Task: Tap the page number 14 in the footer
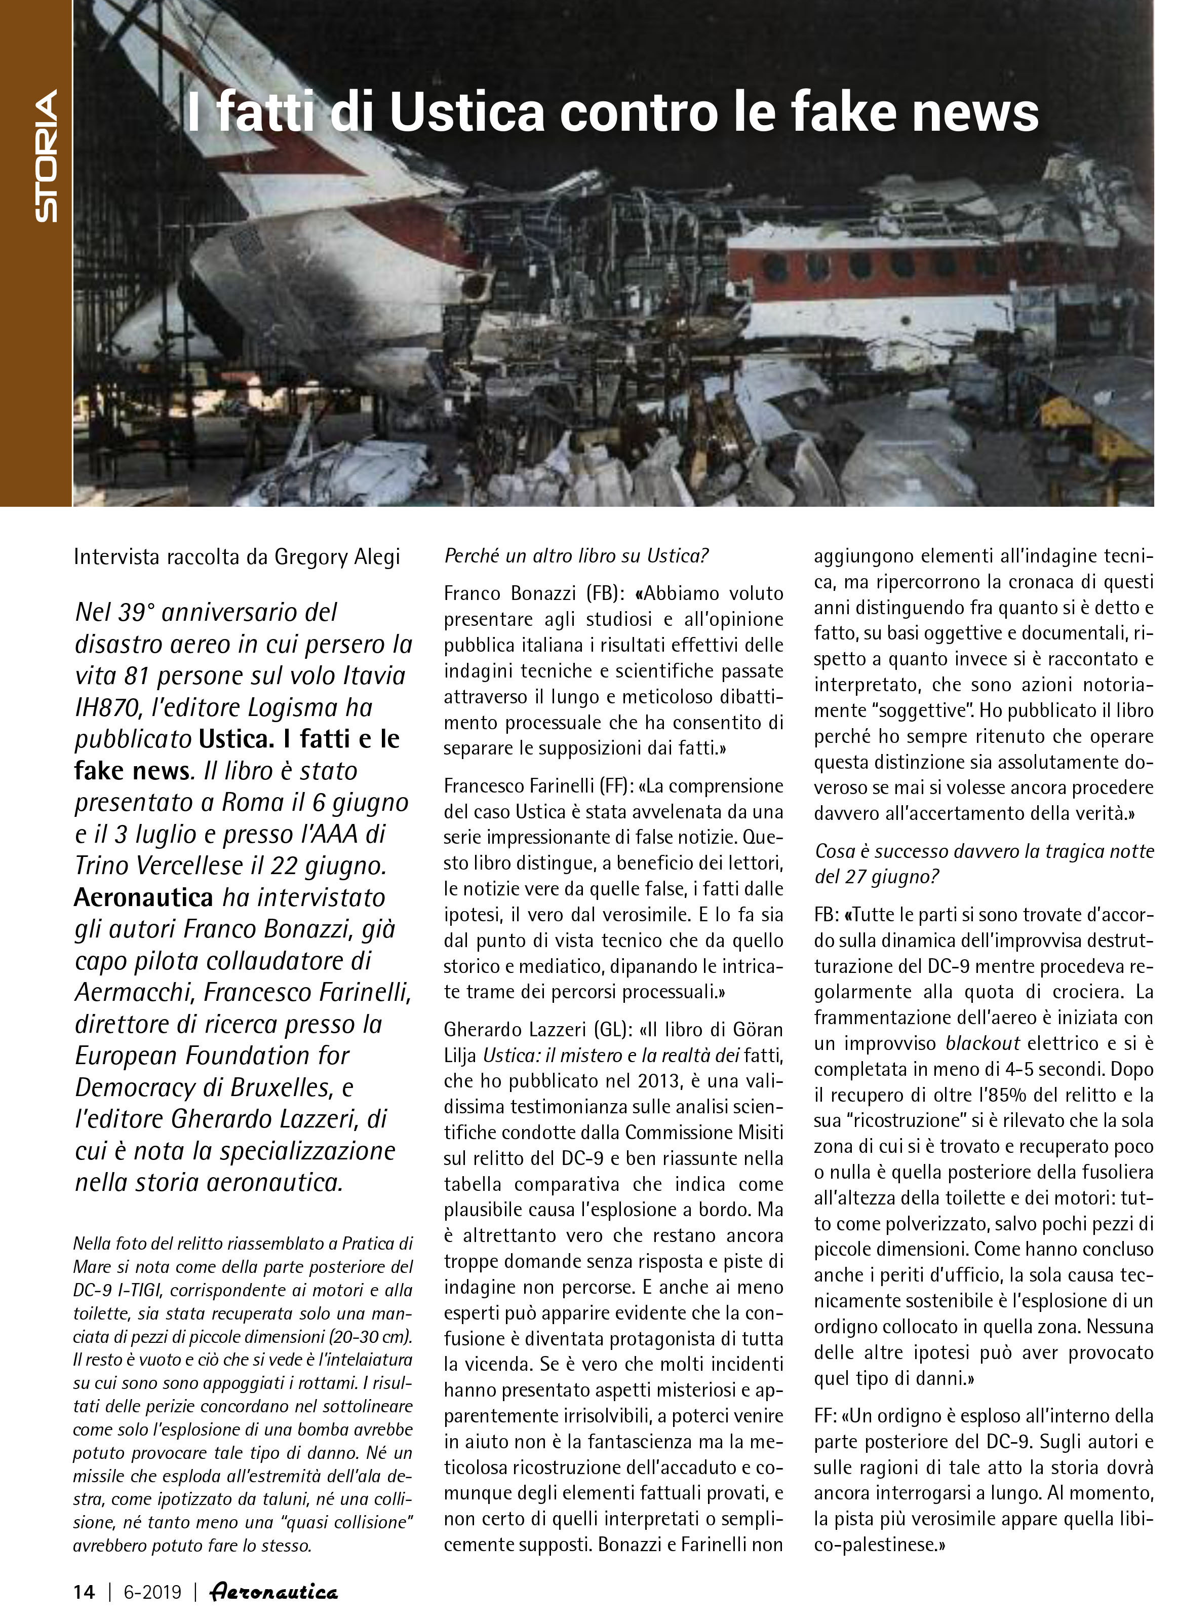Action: tap(84, 1591)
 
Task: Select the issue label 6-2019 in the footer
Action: tap(152, 1591)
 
